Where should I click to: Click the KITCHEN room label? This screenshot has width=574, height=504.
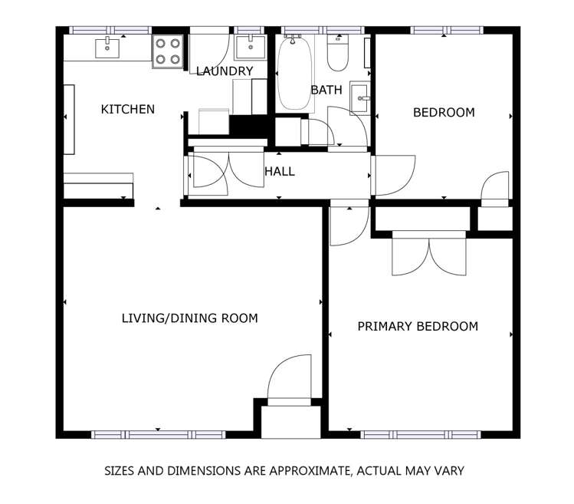[x=128, y=110]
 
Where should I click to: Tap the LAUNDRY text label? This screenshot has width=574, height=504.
[x=225, y=71]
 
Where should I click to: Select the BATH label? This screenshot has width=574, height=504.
[x=326, y=90]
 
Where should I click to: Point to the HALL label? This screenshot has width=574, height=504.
[x=280, y=172]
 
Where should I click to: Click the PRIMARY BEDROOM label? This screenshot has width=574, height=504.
[x=418, y=327]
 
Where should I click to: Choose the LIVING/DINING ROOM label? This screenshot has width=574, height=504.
[x=190, y=318]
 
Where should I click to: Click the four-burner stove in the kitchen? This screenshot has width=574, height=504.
[x=168, y=51]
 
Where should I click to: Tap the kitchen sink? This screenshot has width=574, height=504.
[x=108, y=48]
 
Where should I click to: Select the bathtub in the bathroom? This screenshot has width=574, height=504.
[x=294, y=74]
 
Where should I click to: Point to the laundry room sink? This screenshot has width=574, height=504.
[x=248, y=48]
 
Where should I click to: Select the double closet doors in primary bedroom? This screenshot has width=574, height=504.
[x=429, y=254]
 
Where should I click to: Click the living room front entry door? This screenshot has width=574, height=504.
[x=290, y=378]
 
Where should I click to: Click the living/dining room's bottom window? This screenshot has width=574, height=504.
[x=158, y=435]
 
